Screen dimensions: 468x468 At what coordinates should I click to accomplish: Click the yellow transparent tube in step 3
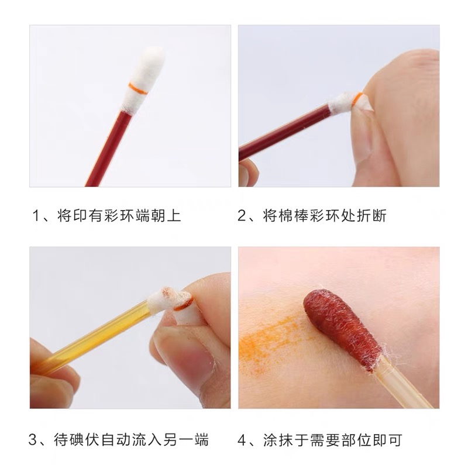click(x=94, y=333)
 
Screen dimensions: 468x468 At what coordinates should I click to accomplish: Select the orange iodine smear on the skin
click(x=269, y=339)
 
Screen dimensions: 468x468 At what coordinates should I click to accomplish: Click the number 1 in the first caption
click(x=36, y=216)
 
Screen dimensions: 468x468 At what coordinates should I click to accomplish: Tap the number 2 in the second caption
click(x=243, y=216)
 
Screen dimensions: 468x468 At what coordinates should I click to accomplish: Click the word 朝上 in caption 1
click(x=167, y=216)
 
